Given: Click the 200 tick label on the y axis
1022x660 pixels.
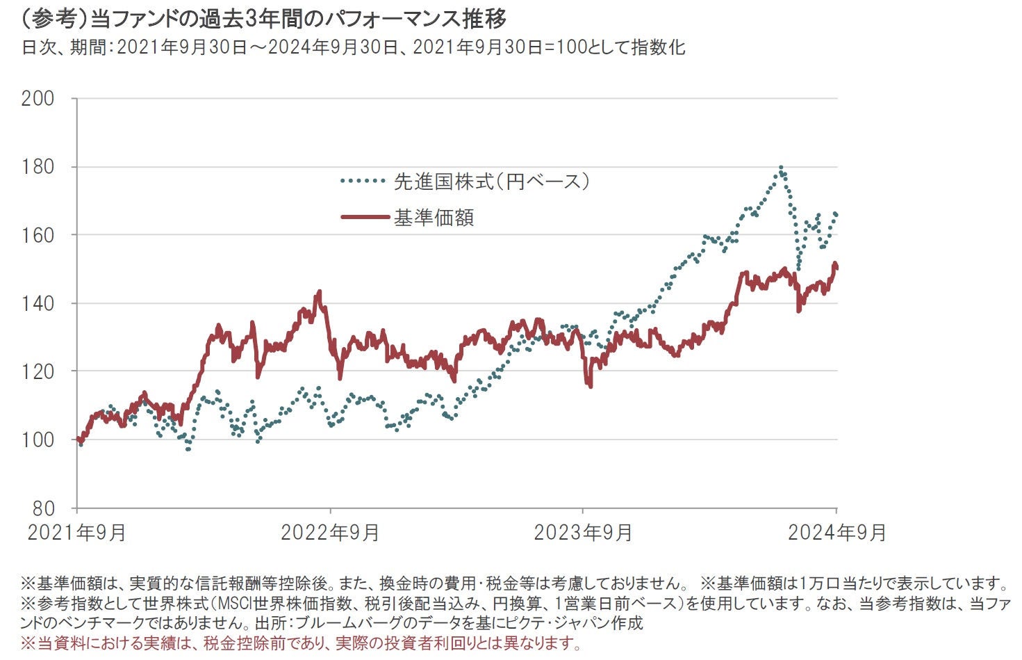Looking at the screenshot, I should pyautogui.click(x=38, y=99).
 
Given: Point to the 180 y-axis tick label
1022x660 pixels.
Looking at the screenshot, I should pyautogui.click(x=38, y=167).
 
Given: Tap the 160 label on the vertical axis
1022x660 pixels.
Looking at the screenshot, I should pyautogui.click(x=38, y=235).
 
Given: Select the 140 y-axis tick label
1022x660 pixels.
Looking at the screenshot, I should pyautogui.click(x=38, y=303).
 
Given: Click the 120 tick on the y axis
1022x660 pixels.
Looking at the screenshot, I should pyautogui.click(x=38, y=371).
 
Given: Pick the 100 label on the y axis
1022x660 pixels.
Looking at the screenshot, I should pyautogui.click(x=38, y=440).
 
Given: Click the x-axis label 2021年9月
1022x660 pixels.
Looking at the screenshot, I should pyautogui.click(x=76, y=533).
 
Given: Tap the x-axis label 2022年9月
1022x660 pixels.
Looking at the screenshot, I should pyautogui.click(x=330, y=533).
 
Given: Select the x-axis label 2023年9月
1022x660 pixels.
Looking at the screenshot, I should pyautogui.click(x=583, y=533).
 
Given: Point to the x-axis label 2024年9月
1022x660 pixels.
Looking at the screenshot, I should pyautogui.click(x=836, y=533).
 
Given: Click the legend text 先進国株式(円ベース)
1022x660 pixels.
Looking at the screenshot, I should pyautogui.click(x=492, y=182).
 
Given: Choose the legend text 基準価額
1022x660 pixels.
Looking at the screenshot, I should pyautogui.click(x=434, y=218).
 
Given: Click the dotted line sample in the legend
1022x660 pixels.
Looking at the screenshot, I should pyautogui.click(x=363, y=182).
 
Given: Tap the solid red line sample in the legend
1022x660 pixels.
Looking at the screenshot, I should pyautogui.click(x=365, y=218).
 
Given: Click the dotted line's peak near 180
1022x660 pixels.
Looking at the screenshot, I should pyautogui.click(x=782, y=168).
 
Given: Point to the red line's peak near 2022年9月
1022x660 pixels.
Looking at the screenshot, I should pyautogui.click(x=319, y=292).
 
